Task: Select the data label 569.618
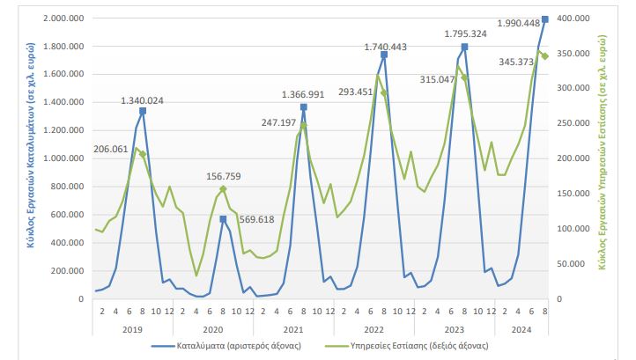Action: click(258, 219)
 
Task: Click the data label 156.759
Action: click(225, 175)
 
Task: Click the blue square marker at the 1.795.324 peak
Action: click(464, 47)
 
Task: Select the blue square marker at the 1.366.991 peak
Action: click(303, 107)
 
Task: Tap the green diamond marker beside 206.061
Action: click(142, 155)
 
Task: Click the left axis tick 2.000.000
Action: click(63, 18)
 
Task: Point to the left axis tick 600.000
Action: click(67, 215)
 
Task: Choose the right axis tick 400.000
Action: click(573, 18)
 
